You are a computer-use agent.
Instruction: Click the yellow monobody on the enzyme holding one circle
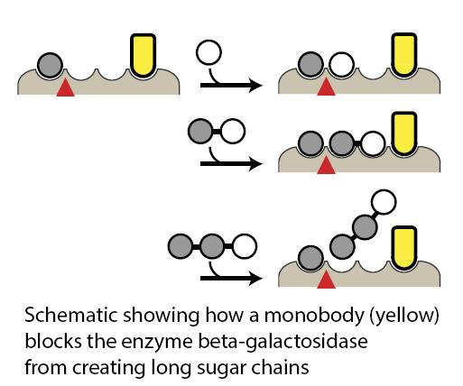click(x=142, y=54)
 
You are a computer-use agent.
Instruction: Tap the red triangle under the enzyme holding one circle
click(x=64, y=88)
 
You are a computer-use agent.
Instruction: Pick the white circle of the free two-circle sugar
click(x=232, y=133)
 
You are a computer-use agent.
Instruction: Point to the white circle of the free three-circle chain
click(x=245, y=244)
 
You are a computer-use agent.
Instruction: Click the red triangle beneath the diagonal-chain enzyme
click(x=326, y=282)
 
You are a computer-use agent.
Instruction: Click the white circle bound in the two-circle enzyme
click(x=374, y=142)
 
